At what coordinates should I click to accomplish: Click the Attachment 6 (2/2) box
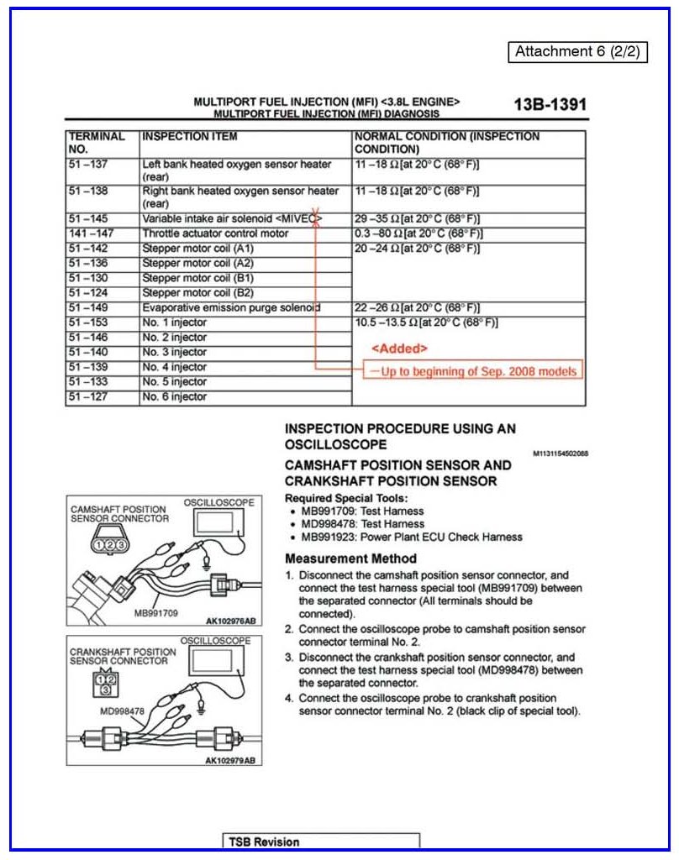point(577,51)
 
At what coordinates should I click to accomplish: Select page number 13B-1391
point(550,105)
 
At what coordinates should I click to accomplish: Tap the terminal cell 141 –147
point(92,233)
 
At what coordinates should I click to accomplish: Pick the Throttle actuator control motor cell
point(215,233)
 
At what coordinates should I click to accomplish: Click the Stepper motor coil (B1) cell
point(198,278)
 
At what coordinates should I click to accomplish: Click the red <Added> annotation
point(399,349)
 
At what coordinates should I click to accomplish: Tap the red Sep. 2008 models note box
point(472,370)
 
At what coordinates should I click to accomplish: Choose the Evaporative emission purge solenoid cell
point(231,308)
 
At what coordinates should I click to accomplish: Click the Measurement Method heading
point(350,558)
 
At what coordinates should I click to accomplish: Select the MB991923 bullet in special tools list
point(411,537)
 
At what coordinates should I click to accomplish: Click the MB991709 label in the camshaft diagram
point(156,613)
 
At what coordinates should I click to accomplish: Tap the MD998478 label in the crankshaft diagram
point(123,711)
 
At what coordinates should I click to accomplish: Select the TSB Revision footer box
point(322,842)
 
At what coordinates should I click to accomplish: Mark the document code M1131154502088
point(561,454)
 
